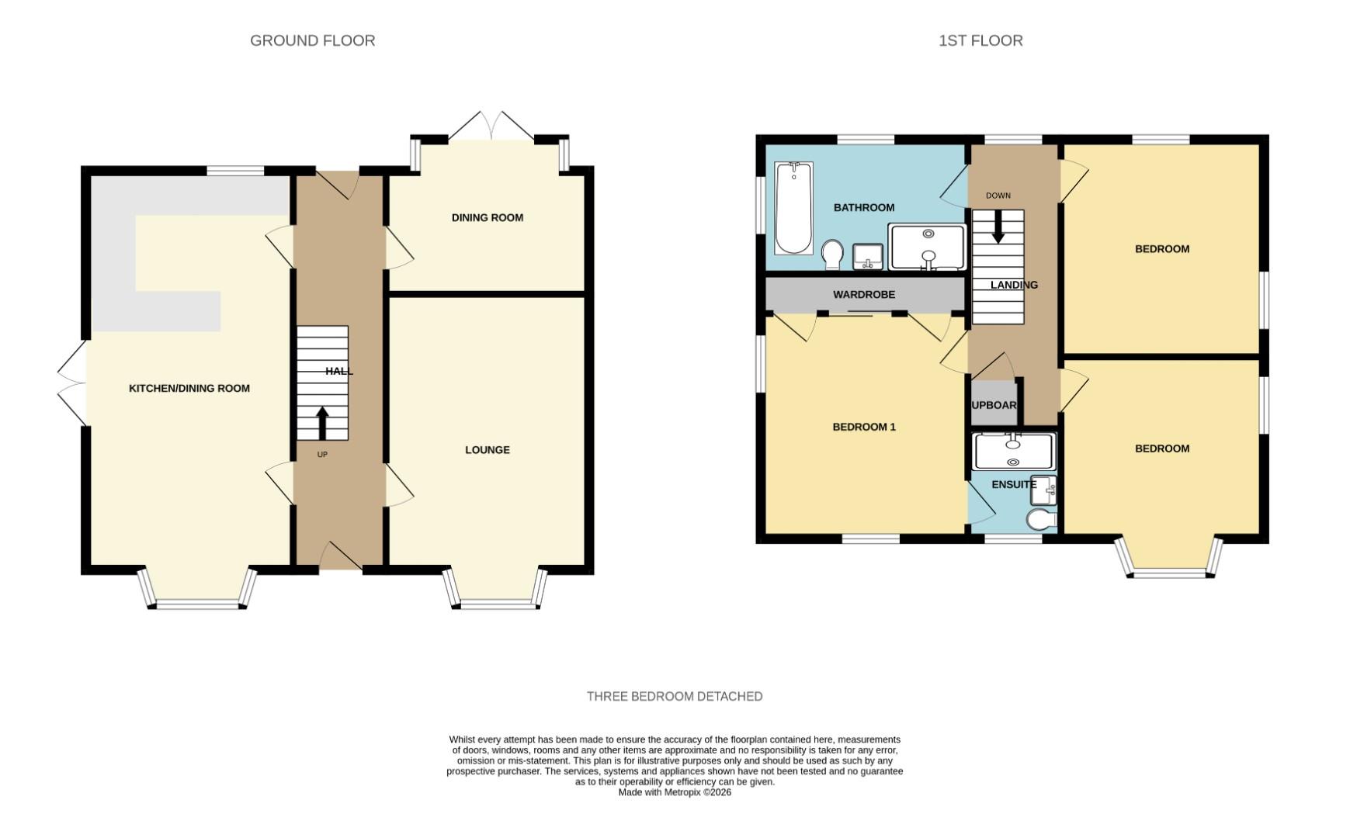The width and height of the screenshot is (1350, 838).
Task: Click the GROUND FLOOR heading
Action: click(x=312, y=40)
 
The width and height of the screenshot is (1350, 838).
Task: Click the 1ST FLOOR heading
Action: click(x=980, y=40)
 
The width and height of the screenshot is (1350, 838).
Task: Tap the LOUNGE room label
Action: click(x=487, y=450)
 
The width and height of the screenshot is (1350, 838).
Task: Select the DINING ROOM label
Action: click(x=487, y=218)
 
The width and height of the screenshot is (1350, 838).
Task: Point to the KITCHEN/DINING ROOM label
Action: click(x=189, y=389)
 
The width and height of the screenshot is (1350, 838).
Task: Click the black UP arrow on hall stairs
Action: click(x=322, y=423)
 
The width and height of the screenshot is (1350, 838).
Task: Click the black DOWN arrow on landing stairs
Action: click(x=998, y=227)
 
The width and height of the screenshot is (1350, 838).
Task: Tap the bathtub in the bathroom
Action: click(x=793, y=207)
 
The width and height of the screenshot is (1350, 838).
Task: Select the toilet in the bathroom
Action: click(x=832, y=254)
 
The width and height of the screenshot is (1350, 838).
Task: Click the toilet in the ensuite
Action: click(x=1042, y=519)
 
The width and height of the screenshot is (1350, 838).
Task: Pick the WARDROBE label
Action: click(x=863, y=295)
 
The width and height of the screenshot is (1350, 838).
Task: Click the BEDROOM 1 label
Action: click(x=863, y=428)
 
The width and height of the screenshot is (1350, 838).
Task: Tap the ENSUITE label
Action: click(x=1013, y=485)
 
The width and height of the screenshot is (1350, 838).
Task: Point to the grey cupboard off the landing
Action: click(x=994, y=403)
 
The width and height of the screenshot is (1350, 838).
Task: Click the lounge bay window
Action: click(x=497, y=602)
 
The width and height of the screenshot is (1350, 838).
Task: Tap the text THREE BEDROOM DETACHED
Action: click(x=674, y=697)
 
